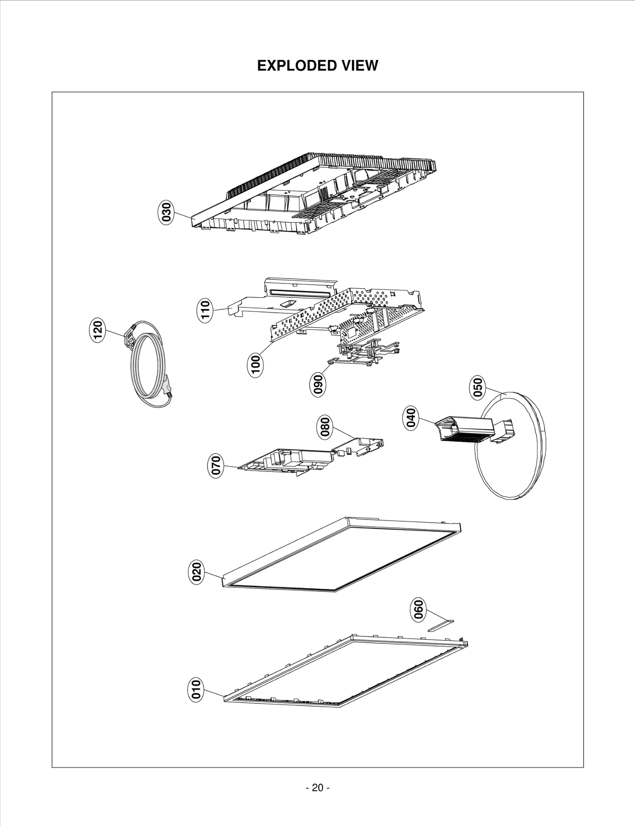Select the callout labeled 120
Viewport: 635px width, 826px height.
point(97,330)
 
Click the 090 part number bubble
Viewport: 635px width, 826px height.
point(317,384)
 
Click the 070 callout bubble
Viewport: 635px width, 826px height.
point(216,466)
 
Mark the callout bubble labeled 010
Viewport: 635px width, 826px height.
point(196,689)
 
